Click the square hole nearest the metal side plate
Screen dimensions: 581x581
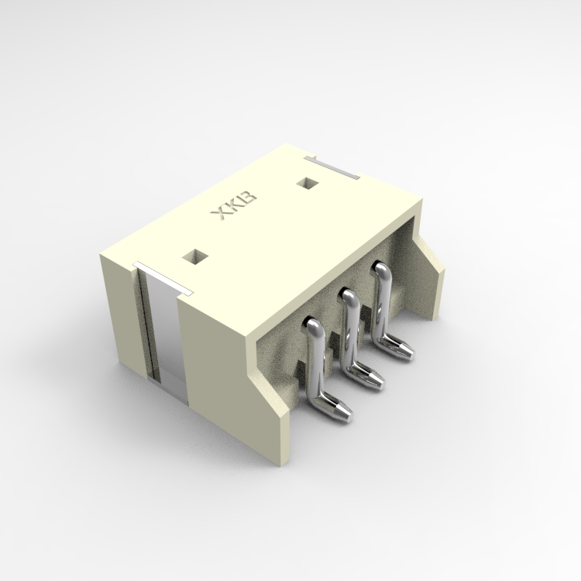pyautogui.click(x=192, y=256)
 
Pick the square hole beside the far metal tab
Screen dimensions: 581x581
pyautogui.click(x=308, y=184)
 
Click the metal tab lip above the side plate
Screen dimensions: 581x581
pyautogui.click(x=163, y=279)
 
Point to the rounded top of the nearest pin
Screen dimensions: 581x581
pyautogui.click(x=312, y=326)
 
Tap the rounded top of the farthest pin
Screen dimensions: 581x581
pyautogui.click(x=380, y=269)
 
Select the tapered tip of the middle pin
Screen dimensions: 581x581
pyautogui.click(x=377, y=379)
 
